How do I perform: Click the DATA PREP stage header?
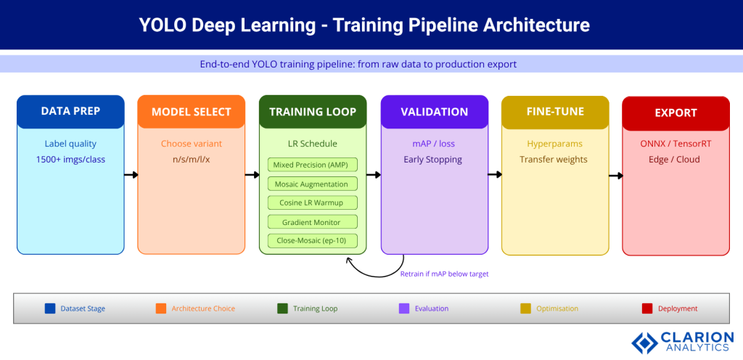[70, 112]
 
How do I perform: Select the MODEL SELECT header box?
[191, 112]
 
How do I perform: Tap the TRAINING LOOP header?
[313, 112]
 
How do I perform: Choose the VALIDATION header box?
[435, 112]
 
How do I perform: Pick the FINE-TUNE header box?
[555, 112]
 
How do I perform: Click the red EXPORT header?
[676, 112]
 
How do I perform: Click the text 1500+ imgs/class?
[70, 159]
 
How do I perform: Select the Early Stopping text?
[432, 159]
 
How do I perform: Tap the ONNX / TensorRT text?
[675, 144]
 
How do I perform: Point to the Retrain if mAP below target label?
[444, 274]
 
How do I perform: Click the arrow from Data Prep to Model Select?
[131, 175]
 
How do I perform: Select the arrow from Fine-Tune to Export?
[615, 175]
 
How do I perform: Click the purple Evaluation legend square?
[405, 308]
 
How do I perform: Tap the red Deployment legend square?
[647, 308]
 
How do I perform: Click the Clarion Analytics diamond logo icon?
[644, 342]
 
